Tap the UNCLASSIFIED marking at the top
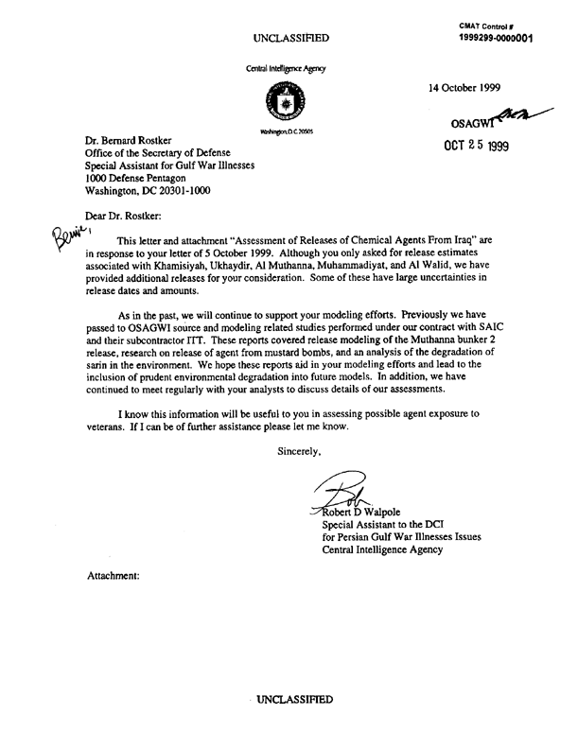pyautogui.click(x=292, y=37)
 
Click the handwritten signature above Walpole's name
pyautogui.click(x=342, y=494)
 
